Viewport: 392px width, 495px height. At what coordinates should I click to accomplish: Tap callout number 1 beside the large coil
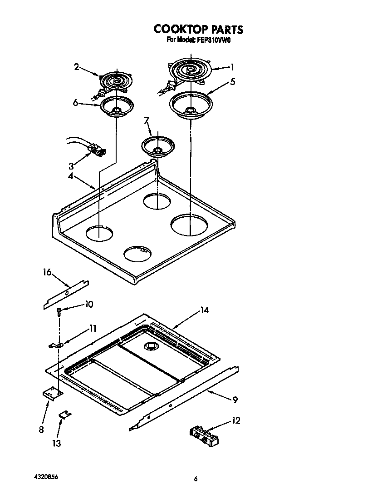(x=232, y=67)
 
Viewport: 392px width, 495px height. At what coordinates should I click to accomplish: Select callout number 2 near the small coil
(x=77, y=67)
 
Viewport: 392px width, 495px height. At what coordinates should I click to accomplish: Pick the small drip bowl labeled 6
(x=117, y=107)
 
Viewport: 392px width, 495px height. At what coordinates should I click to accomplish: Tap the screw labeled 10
(x=59, y=311)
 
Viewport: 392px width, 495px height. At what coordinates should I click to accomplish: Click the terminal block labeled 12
(x=205, y=435)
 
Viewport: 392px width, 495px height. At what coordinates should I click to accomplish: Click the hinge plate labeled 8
(x=52, y=393)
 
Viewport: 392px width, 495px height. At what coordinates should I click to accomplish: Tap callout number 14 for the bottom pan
(x=204, y=310)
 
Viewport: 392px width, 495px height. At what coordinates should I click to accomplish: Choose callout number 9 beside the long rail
(x=235, y=400)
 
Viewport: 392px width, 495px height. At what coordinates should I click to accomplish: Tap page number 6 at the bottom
(x=196, y=479)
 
